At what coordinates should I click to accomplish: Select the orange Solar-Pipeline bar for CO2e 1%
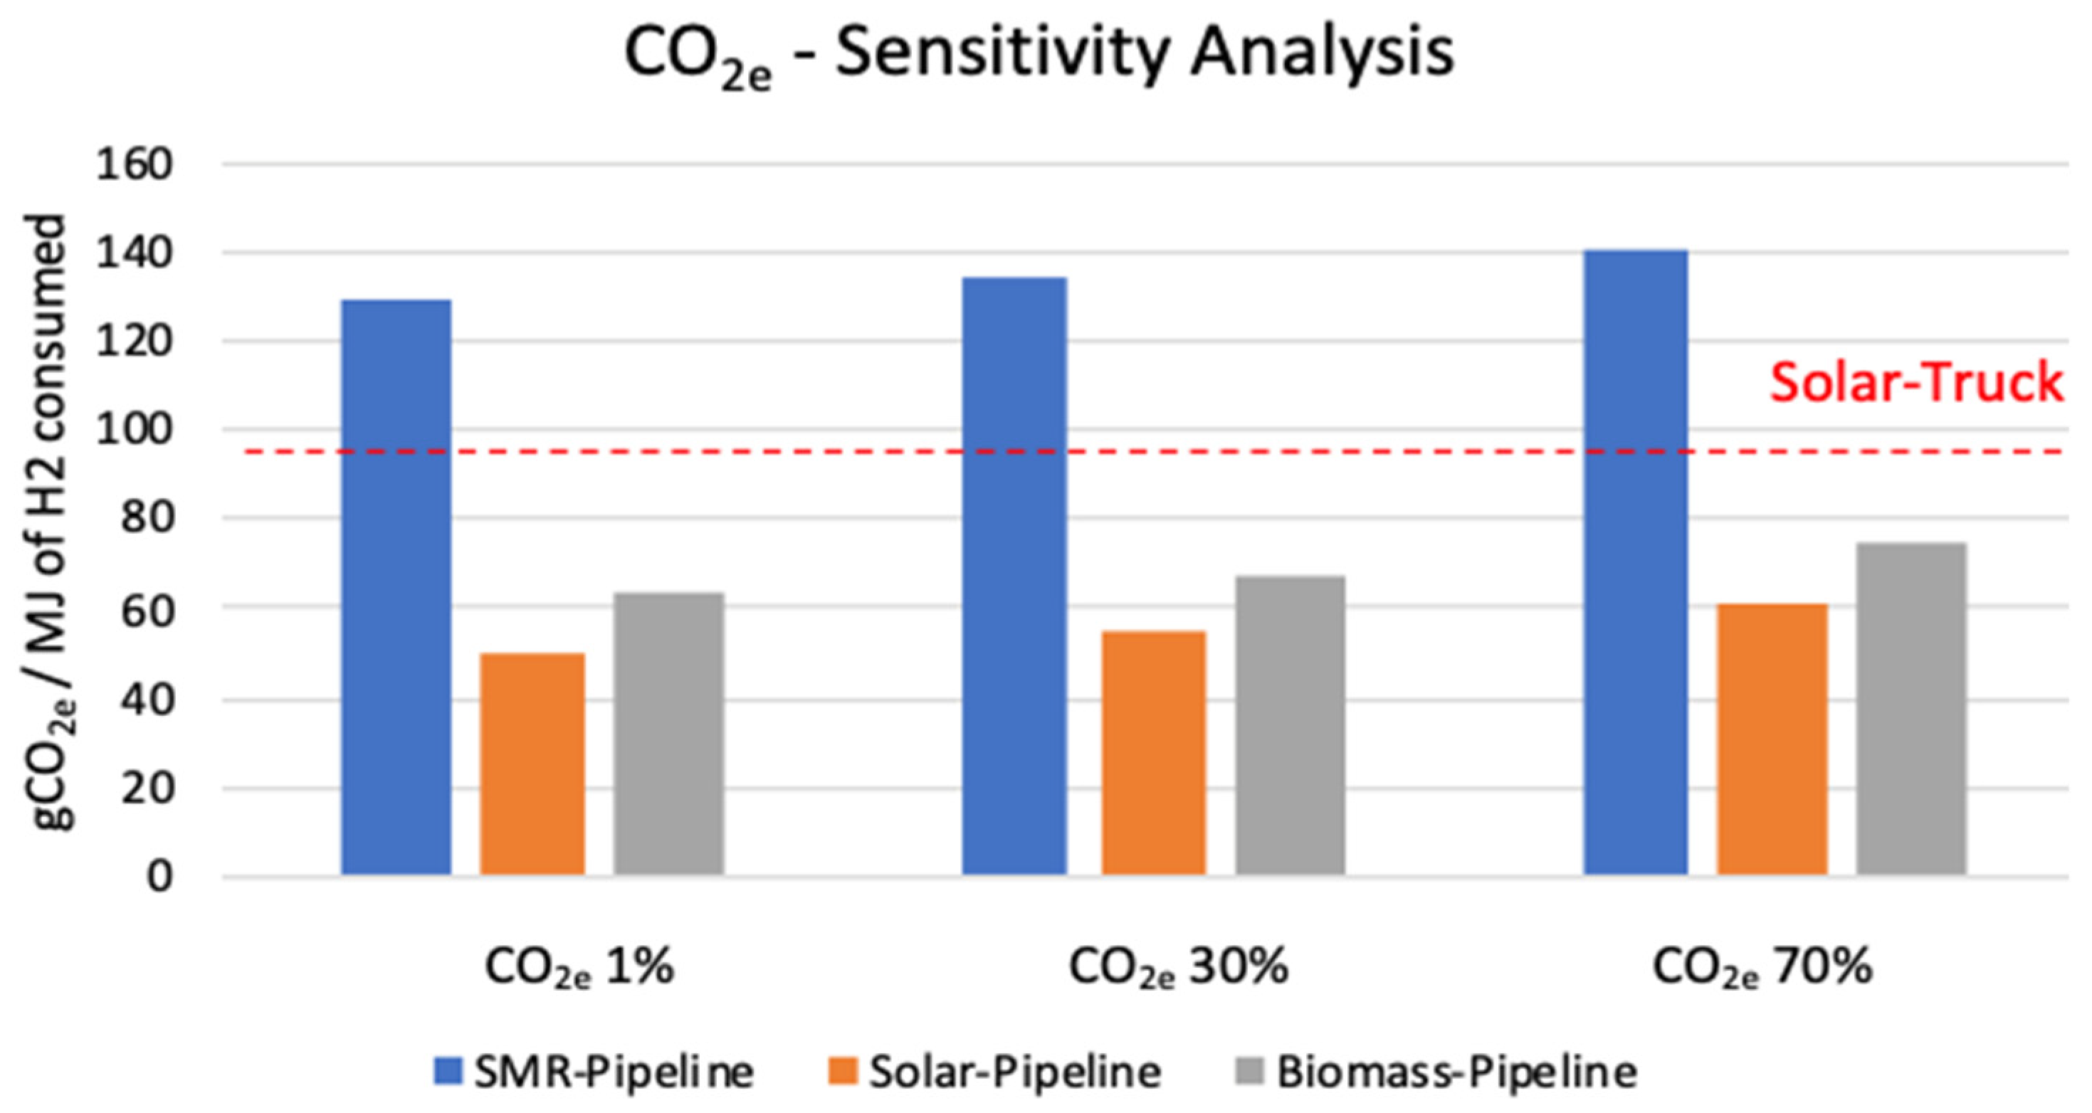532,763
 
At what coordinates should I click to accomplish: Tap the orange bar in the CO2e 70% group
1772,739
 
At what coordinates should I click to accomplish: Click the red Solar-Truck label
1915,381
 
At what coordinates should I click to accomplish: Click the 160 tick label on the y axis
135,165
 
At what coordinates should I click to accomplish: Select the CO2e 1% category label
579,969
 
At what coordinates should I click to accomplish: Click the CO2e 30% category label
1177,969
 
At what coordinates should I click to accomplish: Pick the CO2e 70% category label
1762,969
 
